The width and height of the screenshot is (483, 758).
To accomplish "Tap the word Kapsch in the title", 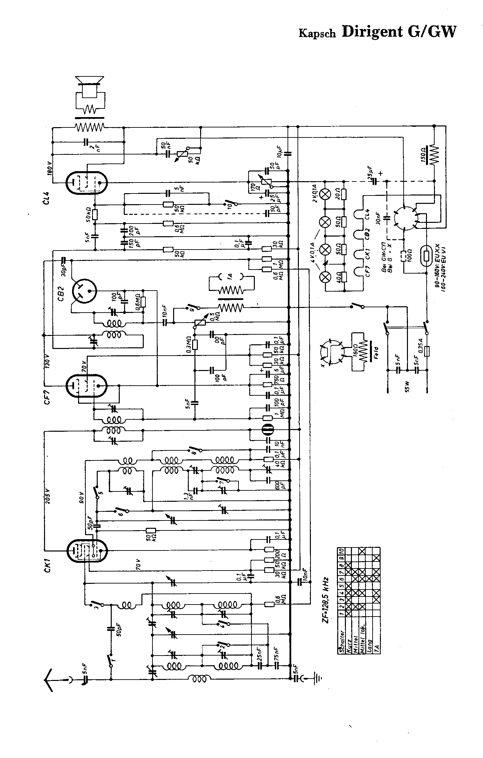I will tap(317, 33).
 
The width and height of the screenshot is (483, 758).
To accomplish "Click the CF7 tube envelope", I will tap(87, 385).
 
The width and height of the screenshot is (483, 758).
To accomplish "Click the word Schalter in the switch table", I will tap(342, 638).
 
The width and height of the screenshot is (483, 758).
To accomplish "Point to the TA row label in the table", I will tap(376, 649).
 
